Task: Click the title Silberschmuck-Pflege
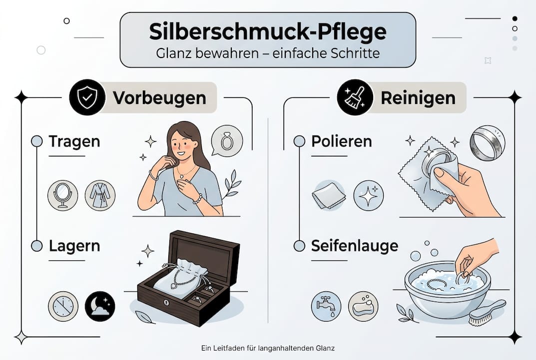268,31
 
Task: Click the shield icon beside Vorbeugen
87,97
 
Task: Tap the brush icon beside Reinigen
355,97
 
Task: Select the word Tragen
74,141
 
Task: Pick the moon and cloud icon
100,306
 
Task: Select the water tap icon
326,306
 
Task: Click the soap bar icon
363,306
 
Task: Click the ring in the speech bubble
227,141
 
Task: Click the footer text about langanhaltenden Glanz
268,346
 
